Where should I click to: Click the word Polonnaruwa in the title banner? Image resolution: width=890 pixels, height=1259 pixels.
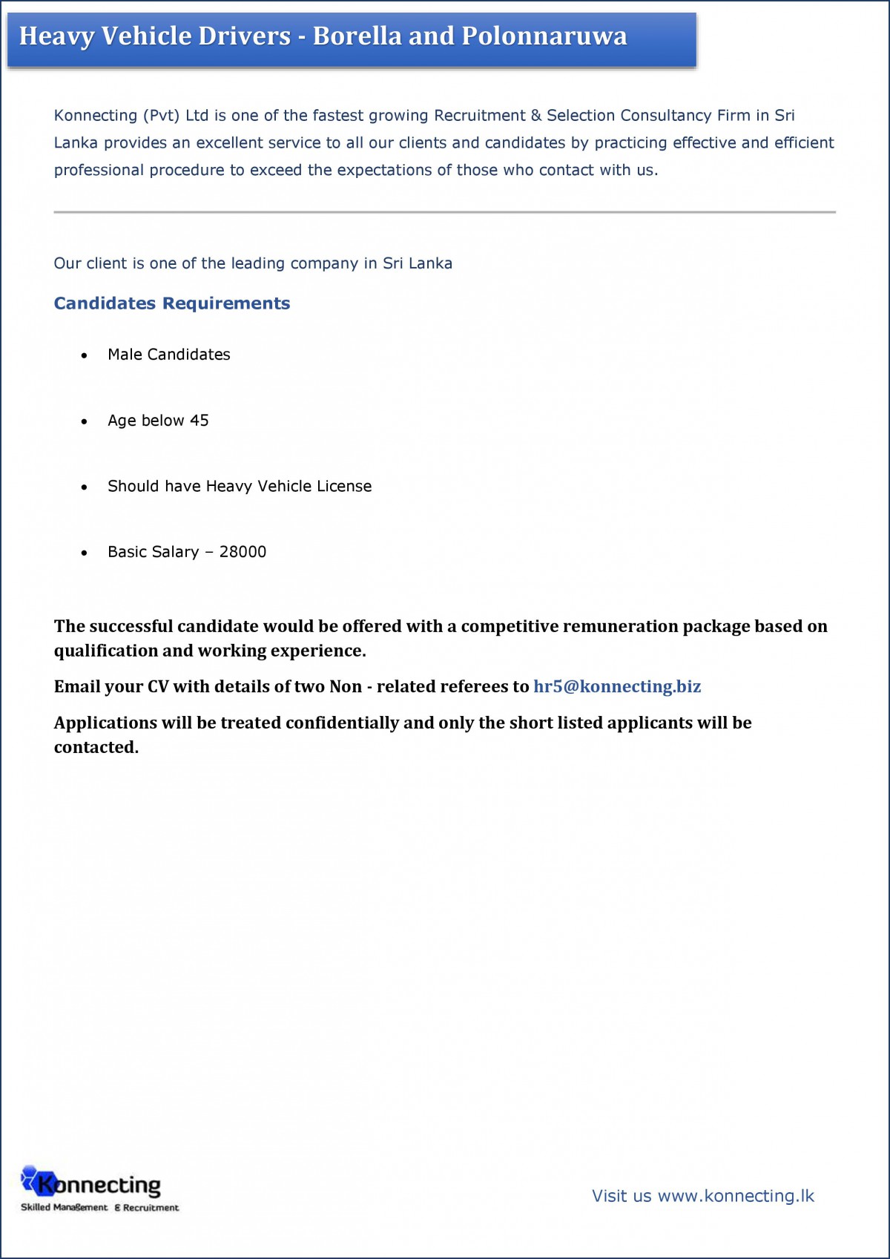coord(544,36)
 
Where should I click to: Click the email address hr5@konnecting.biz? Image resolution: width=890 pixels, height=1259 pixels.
coord(617,686)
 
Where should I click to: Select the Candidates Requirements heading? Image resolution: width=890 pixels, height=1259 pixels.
coord(172,303)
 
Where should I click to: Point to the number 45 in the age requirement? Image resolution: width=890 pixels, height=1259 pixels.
coord(200,421)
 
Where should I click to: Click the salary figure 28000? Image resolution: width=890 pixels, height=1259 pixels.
coord(243,552)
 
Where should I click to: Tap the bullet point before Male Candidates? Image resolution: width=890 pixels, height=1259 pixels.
coord(85,356)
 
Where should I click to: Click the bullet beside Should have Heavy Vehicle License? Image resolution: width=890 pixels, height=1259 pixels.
coord(85,487)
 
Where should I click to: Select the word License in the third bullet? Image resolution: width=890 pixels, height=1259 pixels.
coord(344,487)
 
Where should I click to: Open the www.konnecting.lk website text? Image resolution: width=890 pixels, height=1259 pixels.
coord(736,1196)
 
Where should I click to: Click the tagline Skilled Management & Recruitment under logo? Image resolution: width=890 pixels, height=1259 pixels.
coord(99,1208)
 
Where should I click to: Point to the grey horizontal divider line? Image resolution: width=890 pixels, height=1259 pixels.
coord(444,212)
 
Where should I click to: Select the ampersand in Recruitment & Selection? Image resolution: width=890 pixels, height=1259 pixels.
coord(535,116)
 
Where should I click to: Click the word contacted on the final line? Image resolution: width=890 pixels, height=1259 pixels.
coord(96,747)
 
